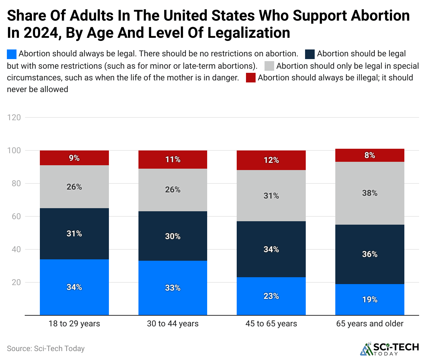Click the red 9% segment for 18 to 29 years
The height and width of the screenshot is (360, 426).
(74, 158)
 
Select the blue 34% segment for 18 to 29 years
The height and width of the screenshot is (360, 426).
(74, 287)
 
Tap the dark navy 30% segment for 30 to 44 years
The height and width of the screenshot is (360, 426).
(172, 236)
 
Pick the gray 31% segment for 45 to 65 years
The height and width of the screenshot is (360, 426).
(271, 196)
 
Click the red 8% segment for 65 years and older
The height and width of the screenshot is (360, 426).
(370, 155)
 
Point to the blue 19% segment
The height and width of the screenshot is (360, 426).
(370, 300)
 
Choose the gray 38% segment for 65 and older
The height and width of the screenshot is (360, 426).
(370, 193)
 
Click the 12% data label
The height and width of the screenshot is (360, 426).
(271, 160)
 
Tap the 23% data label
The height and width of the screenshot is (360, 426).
(271, 296)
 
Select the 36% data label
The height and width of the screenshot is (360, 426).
(370, 254)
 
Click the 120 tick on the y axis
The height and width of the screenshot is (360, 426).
(14, 117)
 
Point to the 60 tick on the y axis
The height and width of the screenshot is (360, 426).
(16, 216)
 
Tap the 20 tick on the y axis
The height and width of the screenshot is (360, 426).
(16, 282)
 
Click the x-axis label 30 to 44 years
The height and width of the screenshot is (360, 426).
(172, 324)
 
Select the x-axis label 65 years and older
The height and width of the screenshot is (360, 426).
(370, 324)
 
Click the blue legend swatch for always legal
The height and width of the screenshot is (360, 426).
(12, 54)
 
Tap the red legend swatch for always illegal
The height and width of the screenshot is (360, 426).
(251, 78)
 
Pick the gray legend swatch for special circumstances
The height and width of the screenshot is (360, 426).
(269, 66)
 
